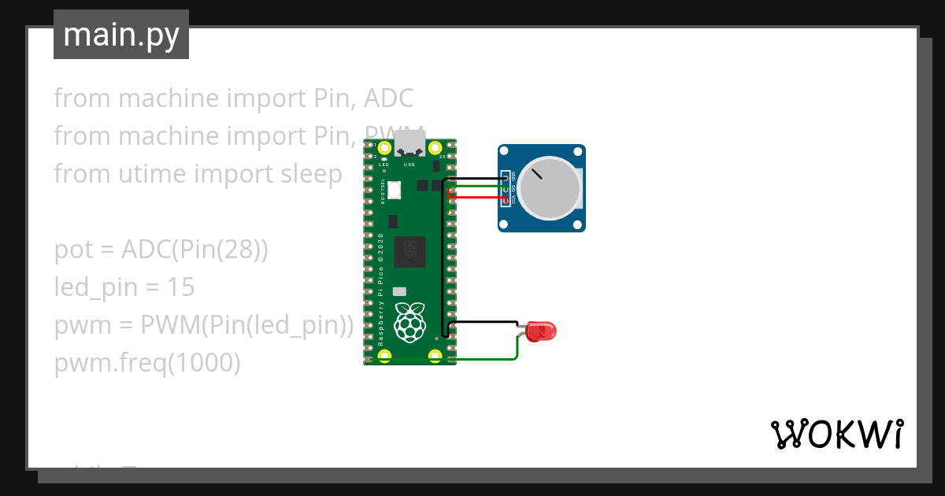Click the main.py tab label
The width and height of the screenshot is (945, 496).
click(121, 35)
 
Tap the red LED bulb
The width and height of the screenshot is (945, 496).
click(542, 331)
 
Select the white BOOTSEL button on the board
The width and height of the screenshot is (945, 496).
click(394, 189)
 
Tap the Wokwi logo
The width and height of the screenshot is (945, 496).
click(836, 435)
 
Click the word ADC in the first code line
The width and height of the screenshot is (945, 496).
click(388, 98)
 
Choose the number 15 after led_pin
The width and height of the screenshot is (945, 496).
click(181, 288)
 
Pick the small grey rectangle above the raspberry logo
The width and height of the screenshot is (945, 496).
click(399, 291)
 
